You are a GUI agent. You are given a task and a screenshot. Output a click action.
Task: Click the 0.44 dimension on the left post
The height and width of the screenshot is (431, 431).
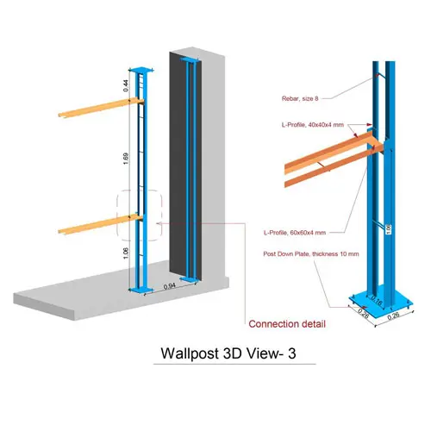pyautogui.click(x=126, y=85)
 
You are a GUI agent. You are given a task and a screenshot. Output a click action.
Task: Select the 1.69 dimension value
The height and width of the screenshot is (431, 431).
pyautogui.click(x=126, y=159)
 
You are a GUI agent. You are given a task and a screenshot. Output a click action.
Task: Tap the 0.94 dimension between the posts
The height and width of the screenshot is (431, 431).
pyautogui.click(x=170, y=286)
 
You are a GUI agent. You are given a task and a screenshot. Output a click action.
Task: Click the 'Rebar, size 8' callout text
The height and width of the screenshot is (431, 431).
pyautogui.click(x=300, y=98)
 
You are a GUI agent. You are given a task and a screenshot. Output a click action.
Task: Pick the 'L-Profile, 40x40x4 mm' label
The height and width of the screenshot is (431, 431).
pyautogui.click(x=313, y=125)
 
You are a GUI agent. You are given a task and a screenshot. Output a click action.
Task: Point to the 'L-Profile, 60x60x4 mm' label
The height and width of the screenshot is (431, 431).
pyautogui.click(x=295, y=233)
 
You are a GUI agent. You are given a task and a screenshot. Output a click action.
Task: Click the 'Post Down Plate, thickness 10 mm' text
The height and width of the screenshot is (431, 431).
pyautogui.click(x=311, y=254)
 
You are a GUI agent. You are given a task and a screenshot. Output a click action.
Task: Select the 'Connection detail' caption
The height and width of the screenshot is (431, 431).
pyautogui.click(x=287, y=324)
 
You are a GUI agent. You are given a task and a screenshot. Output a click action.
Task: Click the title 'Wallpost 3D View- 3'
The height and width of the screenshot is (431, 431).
pyautogui.click(x=228, y=353)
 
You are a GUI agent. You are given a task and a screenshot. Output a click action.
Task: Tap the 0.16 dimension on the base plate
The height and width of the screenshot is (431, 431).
pyautogui.click(x=377, y=300)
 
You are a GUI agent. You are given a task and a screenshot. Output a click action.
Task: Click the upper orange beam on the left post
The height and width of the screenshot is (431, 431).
pyautogui.click(x=101, y=108)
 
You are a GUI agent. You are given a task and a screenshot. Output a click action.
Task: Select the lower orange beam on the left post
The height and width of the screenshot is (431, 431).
pyautogui.click(x=101, y=224)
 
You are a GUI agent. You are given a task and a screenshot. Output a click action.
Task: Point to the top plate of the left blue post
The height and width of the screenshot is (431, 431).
pyautogui.click(x=141, y=70)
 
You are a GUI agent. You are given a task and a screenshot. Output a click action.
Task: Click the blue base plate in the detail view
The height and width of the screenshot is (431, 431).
pyautogui.click(x=381, y=303)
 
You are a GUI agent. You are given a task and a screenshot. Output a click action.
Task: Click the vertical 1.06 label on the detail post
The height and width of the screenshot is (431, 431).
pyautogui.click(x=389, y=229)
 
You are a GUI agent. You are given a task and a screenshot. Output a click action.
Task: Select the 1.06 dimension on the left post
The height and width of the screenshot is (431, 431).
pyautogui.click(x=126, y=253)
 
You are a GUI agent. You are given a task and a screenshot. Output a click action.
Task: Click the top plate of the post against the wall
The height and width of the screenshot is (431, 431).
pyautogui.click(x=190, y=59)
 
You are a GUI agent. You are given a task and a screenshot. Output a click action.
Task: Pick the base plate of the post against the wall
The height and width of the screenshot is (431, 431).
pyautogui.click(x=190, y=279)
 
